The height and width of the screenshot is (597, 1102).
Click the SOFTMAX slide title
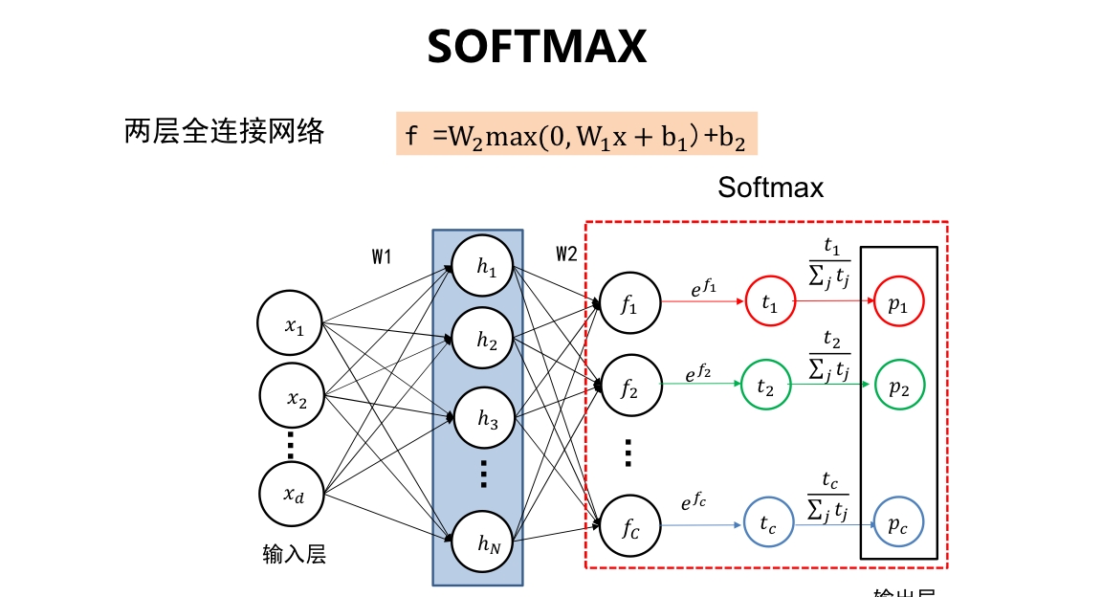537,47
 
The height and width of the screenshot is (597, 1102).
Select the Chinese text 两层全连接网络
224,131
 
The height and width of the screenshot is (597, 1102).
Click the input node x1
293,326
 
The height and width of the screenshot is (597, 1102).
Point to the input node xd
293,494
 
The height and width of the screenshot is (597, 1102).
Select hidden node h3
487,419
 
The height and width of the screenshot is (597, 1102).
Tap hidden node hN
487,544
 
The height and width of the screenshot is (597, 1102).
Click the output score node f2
628,387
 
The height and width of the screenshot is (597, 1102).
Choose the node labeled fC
628,524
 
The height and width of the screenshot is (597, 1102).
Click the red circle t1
770,301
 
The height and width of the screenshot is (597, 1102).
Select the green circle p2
898,385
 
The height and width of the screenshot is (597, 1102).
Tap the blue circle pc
898,522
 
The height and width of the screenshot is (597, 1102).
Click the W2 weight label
566,254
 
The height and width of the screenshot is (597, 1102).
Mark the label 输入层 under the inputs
294,554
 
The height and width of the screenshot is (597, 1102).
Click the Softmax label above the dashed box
770,188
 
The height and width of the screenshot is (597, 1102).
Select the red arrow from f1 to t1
702,300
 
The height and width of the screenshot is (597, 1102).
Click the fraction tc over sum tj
829,496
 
